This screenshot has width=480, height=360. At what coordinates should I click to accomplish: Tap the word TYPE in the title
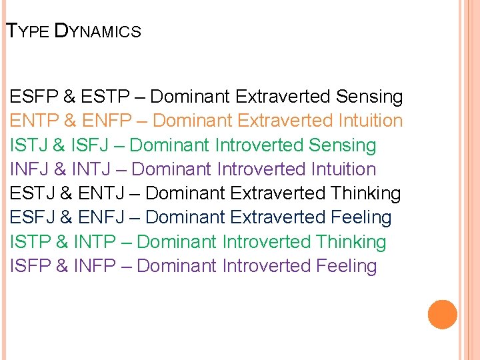coord(27,31)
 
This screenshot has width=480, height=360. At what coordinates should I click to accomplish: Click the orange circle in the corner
coord(442,315)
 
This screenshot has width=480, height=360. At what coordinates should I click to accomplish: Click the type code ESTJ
coord(33,194)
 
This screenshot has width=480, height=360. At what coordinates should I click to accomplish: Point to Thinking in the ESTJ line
coord(366,194)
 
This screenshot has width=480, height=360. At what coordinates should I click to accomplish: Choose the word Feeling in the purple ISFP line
coord(346,266)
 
